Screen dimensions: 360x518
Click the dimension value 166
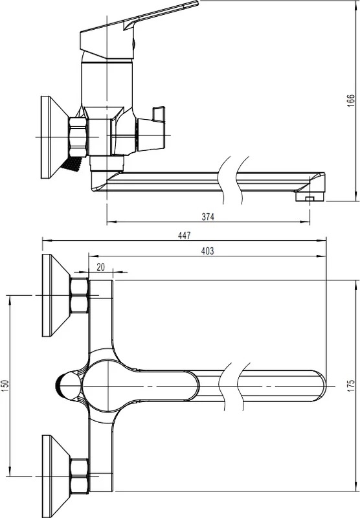[351, 100]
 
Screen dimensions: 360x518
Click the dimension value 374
[208, 217]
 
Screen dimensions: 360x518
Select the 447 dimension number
[185, 235]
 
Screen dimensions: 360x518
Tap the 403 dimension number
[207, 251]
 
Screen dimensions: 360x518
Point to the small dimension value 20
[101, 267]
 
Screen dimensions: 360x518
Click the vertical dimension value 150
[5, 386]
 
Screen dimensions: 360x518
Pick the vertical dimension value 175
[351, 385]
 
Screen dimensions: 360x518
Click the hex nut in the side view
[78, 137]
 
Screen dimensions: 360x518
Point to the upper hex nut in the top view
[79, 295]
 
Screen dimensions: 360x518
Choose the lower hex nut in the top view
[79, 477]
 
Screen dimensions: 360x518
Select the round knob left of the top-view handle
[68, 386]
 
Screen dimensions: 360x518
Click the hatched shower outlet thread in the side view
[71, 164]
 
